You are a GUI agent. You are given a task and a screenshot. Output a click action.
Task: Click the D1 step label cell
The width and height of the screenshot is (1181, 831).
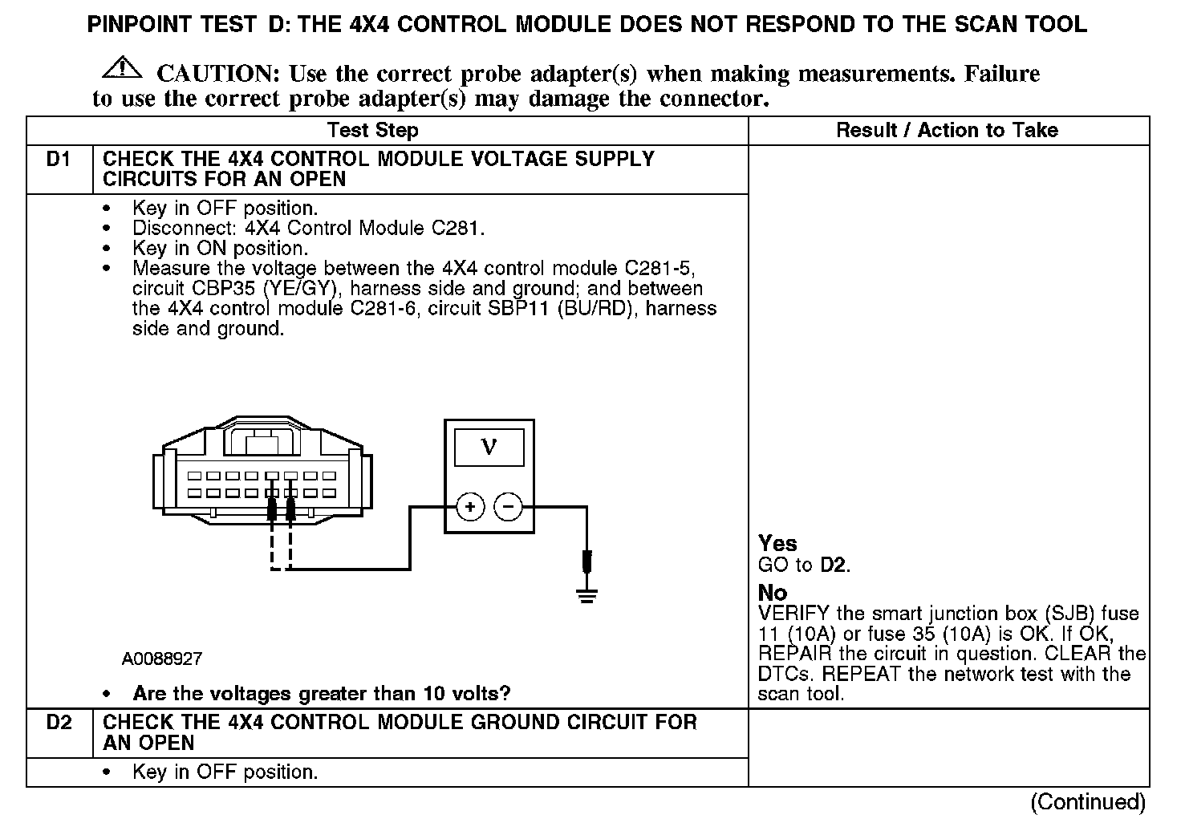click(x=59, y=160)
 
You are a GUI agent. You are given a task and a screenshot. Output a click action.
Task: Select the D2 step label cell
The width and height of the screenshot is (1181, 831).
click(x=59, y=723)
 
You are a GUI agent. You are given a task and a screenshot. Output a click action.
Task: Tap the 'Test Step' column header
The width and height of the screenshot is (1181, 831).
click(x=372, y=130)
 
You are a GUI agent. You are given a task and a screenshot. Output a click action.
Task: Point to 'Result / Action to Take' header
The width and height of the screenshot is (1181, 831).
click(x=947, y=130)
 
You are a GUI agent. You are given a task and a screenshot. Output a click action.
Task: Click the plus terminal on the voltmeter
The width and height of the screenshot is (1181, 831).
click(x=470, y=507)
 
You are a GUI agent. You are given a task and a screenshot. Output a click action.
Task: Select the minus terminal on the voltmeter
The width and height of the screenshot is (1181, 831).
click(x=508, y=507)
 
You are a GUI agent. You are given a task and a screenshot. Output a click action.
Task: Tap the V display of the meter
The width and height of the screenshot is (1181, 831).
click(x=489, y=448)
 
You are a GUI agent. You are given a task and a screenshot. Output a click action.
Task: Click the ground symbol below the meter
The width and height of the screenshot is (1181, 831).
click(x=587, y=594)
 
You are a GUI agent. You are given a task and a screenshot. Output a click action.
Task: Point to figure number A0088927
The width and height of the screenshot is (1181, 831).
click(x=162, y=659)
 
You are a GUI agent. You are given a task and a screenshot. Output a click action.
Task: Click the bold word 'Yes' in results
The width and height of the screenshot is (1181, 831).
click(x=777, y=543)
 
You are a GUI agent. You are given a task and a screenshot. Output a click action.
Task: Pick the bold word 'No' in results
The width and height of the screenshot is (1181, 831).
click(x=773, y=593)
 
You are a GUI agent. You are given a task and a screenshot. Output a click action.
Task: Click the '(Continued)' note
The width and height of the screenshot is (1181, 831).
click(x=1088, y=801)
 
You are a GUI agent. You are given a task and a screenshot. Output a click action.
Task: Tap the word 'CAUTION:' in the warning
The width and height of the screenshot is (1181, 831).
click(x=217, y=74)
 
